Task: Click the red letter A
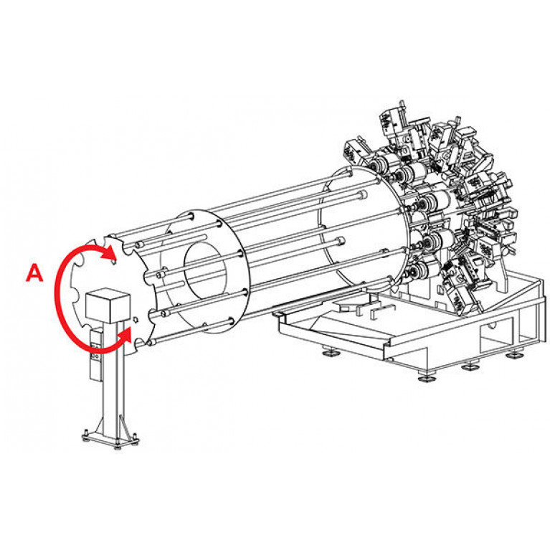34,273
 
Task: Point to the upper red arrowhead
110,252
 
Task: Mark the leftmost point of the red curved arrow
56,295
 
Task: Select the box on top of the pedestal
108,305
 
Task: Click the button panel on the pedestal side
96,354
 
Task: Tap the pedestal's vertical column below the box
113,379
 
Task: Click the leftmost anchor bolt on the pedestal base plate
85,435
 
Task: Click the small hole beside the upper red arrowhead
113,261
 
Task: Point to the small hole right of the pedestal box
136,319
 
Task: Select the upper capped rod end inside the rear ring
363,194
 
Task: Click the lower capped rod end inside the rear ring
341,242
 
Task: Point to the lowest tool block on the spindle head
463,298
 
